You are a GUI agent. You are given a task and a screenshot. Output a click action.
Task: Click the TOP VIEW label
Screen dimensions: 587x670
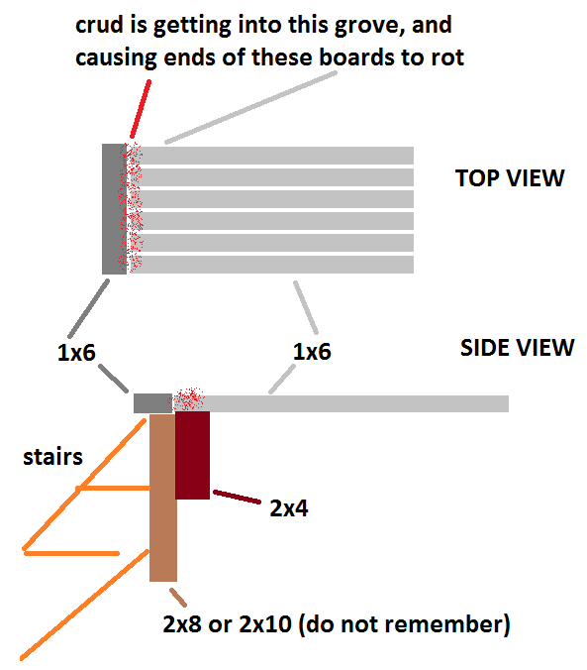[x=510, y=178]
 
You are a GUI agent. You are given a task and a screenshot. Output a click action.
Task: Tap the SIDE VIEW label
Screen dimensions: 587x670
[x=518, y=348]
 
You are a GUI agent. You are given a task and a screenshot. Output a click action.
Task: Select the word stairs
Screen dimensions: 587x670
[x=52, y=457]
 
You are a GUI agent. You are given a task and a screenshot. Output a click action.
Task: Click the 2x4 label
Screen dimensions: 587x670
[x=289, y=508]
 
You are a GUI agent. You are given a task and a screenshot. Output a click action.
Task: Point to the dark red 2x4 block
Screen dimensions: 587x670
[x=192, y=455]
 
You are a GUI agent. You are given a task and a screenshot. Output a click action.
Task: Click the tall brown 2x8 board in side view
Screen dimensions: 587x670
[x=163, y=498]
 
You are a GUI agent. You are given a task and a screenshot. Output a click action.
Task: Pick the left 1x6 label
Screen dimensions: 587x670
[x=76, y=353]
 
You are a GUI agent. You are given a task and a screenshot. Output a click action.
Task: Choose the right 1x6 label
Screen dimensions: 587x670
[x=312, y=352]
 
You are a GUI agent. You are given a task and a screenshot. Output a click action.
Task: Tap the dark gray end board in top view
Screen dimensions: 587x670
[x=114, y=209]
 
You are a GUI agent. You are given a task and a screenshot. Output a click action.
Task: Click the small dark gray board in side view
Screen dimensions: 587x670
[x=152, y=403]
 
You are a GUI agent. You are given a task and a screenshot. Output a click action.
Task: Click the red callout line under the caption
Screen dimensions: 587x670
[x=141, y=109]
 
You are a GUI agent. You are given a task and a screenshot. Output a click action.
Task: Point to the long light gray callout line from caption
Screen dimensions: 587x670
[x=251, y=107]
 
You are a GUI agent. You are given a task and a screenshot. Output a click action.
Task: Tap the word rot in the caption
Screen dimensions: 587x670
[x=447, y=57]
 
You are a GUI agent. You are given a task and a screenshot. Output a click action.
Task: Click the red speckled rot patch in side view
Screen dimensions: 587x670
[x=187, y=399]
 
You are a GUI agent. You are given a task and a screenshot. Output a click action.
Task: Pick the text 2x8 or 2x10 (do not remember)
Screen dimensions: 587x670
[x=337, y=624]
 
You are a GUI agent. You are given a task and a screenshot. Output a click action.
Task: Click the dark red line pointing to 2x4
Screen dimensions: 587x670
[x=237, y=497]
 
